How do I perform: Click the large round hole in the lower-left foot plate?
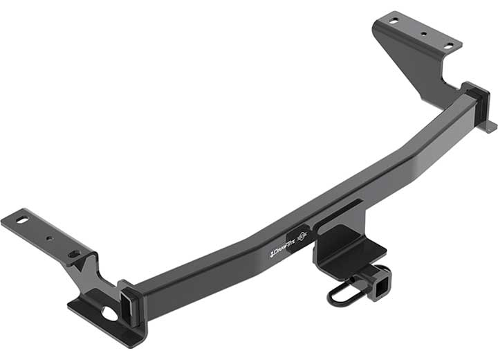pyautogui.click(x=109, y=313)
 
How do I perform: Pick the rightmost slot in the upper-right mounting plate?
pyautogui.click(x=448, y=45)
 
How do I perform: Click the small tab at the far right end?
pyautogui.click(x=490, y=127)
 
